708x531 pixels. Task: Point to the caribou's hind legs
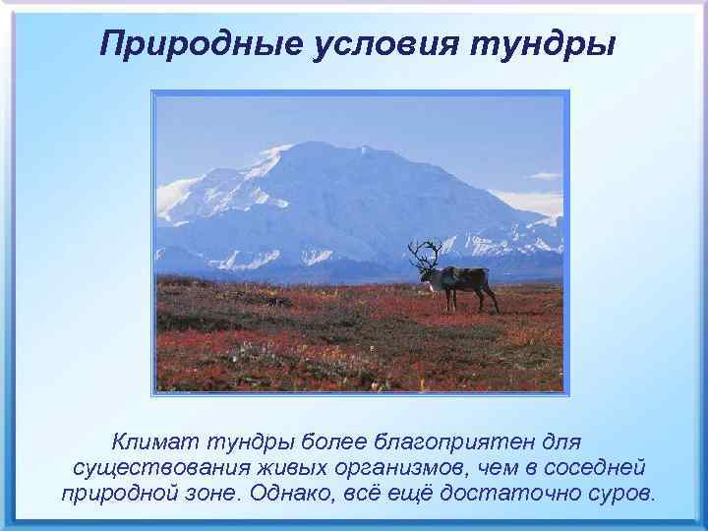tap(489, 298)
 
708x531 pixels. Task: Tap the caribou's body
tap(462, 278)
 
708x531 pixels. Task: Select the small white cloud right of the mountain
tap(543, 176)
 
